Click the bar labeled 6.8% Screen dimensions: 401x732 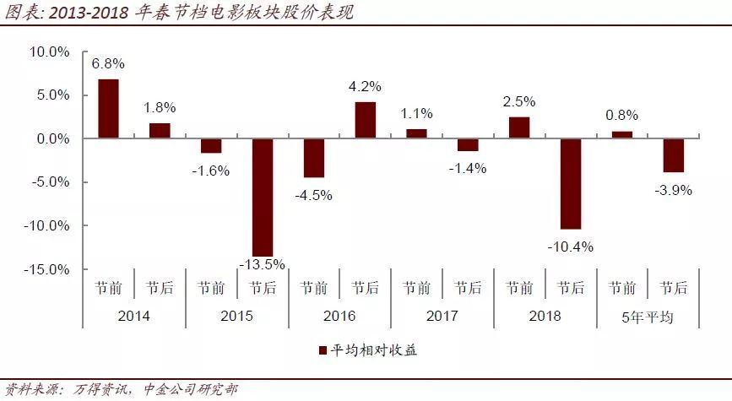coord(108,109)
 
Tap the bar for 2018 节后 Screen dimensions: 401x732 coord(571,183)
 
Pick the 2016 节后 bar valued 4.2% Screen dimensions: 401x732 coord(365,120)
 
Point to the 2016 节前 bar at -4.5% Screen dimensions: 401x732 coord(314,158)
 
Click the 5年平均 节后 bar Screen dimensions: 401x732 coord(673,155)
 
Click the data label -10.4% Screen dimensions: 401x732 coord(572,247)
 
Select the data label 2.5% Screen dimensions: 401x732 coord(519,101)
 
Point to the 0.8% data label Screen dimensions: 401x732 coord(622,115)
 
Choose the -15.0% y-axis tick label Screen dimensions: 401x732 coord(48,270)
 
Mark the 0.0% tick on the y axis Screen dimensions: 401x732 coord(53,138)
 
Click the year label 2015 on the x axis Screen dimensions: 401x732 coord(236,317)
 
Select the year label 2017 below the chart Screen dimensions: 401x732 coord(442,317)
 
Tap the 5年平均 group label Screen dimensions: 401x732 coord(648,317)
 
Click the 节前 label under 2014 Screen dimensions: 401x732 coord(108,288)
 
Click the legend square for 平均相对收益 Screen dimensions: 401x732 coord(322,350)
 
